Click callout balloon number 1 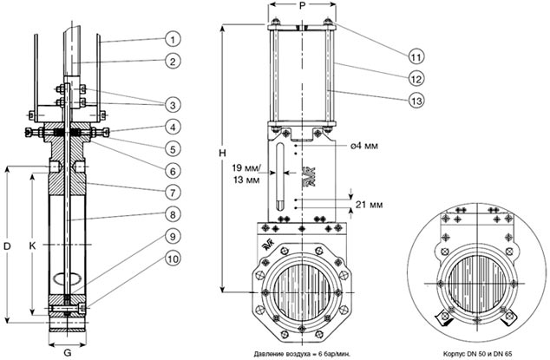coord(174,38)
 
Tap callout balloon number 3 coord(174,104)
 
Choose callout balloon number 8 coord(174,213)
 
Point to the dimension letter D coord(7,247)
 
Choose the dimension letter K coord(33,247)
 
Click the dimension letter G coord(68,352)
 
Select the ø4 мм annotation coord(363,145)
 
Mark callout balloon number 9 coord(174,236)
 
